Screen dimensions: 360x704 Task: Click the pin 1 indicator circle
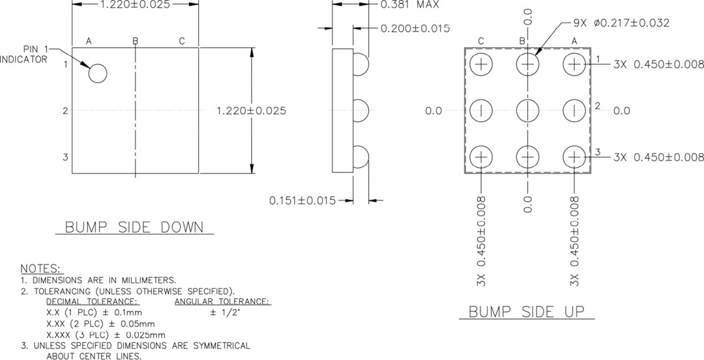[x=97, y=74]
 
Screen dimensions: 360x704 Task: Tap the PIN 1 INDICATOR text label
[x=24, y=54]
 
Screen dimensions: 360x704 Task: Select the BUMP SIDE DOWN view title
[x=134, y=228]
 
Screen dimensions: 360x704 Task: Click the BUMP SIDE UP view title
[x=527, y=311]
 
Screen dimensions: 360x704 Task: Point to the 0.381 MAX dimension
[x=409, y=5]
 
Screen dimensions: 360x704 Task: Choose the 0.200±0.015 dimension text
[x=415, y=28]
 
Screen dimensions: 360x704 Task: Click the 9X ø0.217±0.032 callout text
[x=621, y=23]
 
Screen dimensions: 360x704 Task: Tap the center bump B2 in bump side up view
[x=527, y=111]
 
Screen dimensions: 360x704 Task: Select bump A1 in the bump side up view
[x=574, y=64]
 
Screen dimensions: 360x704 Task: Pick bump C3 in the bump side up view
[x=481, y=157]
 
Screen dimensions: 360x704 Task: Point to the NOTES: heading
[x=42, y=269]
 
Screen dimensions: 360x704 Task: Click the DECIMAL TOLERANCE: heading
[x=92, y=301]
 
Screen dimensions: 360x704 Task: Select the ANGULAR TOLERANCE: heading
[x=223, y=301]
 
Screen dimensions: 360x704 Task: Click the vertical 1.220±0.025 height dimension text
[x=251, y=111]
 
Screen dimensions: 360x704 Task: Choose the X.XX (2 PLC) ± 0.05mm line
[x=100, y=323]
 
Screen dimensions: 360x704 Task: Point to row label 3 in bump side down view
[x=65, y=157]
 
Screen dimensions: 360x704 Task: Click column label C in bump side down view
[x=182, y=41]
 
